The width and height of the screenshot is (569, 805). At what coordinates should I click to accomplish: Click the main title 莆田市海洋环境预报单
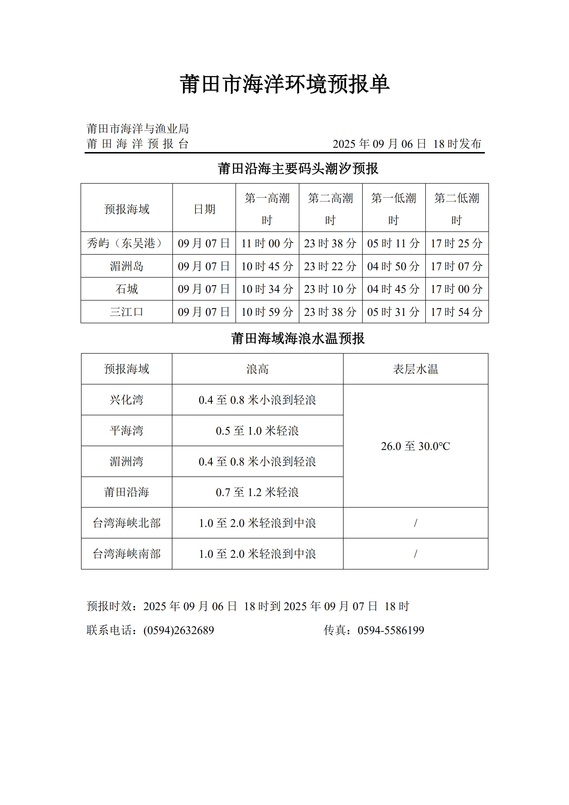coord(284,84)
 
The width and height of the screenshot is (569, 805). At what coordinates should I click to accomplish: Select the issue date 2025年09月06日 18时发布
coord(407,144)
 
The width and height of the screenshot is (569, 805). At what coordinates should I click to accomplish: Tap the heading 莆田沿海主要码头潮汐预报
coord(298,169)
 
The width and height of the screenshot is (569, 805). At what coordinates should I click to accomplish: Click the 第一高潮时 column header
coord(267,209)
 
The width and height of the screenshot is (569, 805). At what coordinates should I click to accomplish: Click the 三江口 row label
coord(126,312)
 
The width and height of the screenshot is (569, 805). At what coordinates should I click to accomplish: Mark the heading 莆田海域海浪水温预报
coord(298,339)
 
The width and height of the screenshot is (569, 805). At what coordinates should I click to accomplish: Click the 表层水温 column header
coord(416,369)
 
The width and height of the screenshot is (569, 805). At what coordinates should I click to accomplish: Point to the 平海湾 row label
coord(126,431)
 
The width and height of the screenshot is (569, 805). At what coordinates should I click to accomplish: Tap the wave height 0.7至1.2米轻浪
coord(257,493)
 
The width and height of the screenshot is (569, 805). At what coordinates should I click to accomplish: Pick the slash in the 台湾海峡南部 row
coord(416,554)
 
